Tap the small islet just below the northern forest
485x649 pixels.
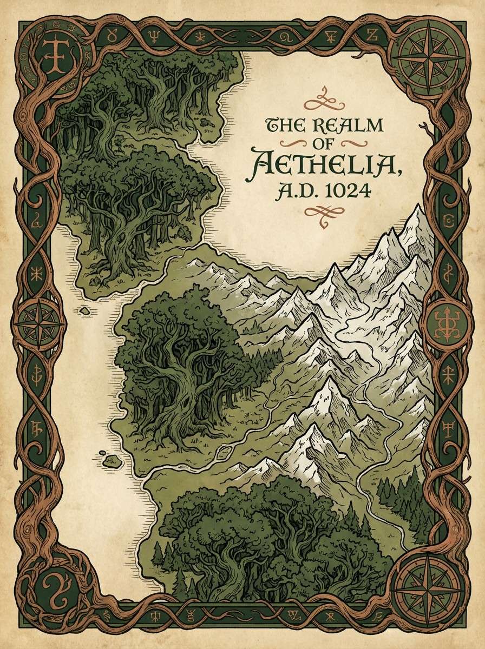tap(85, 310)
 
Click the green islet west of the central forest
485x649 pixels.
tap(112, 461)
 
